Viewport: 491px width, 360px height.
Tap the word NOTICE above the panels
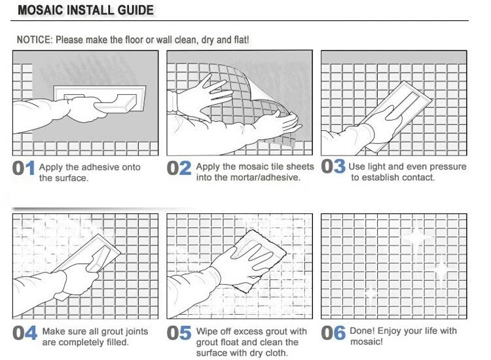(x=33, y=40)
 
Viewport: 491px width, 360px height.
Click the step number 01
(x=24, y=168)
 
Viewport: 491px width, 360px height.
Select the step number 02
(x=179, y=168)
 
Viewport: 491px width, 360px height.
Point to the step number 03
(x=333, y=166)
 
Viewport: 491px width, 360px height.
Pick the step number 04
(x=25, y=333)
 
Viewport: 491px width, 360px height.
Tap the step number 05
(x=179, y=333)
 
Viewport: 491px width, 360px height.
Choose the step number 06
(x=333, y=333)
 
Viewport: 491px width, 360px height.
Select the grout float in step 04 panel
(x=91, y=257)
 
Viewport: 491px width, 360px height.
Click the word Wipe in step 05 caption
(x=207, y=331)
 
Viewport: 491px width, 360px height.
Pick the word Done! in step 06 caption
(x=362, y=331)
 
